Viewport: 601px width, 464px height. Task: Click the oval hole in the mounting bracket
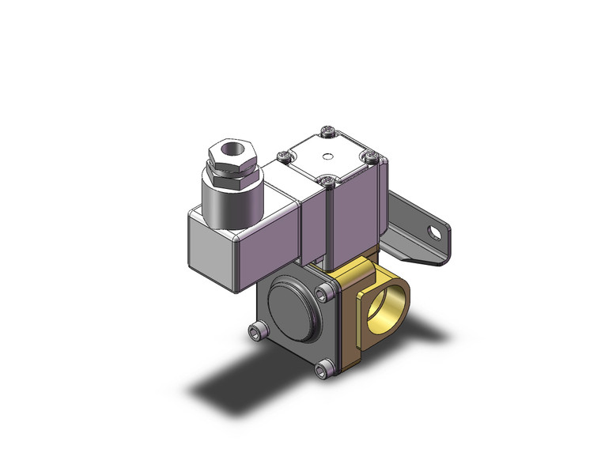tap(432, 233)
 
